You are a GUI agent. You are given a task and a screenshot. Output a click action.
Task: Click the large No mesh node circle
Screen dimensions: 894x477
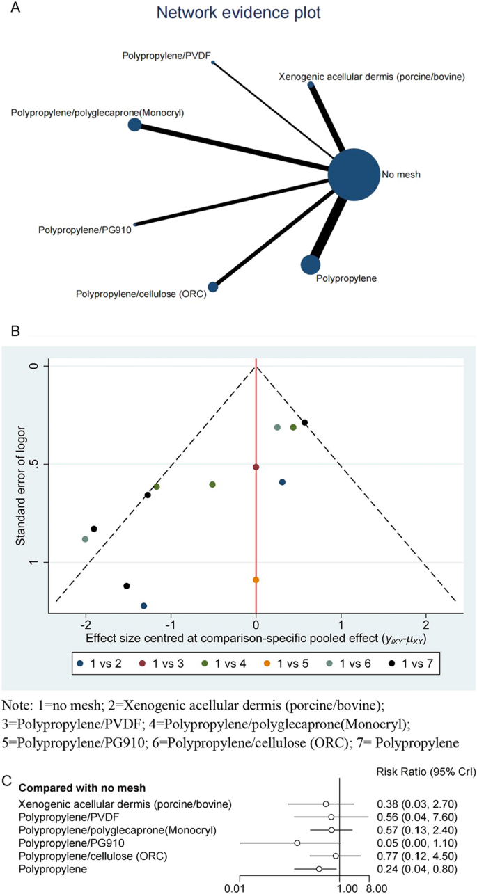[354, 175]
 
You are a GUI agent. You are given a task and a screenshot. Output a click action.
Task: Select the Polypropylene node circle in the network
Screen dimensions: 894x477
[311, 264]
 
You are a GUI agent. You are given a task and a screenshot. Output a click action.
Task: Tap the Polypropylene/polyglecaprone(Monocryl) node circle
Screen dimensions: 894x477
[134, 125]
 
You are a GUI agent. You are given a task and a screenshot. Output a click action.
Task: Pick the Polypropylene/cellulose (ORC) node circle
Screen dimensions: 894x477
[213, 287]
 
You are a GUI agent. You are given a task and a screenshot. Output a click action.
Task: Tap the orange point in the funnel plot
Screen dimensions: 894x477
[256, 580]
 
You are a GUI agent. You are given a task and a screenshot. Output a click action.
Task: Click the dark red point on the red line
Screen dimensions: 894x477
[256, 467]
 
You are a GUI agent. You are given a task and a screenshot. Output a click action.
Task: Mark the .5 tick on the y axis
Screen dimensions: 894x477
[38, 464]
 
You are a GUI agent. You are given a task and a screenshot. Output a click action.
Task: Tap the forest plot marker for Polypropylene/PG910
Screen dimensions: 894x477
[297, 843]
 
